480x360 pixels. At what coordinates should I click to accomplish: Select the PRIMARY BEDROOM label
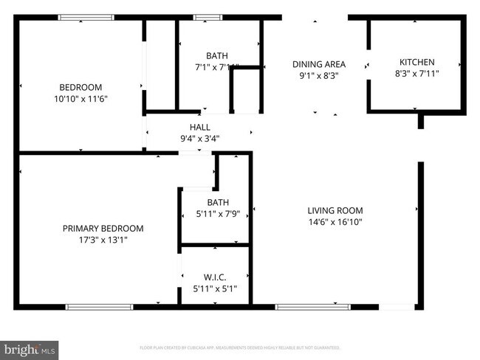[x=103, y=229]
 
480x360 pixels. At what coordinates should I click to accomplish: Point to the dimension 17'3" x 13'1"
[x=103, y=240]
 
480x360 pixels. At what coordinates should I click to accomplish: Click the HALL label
[x=199, y=127]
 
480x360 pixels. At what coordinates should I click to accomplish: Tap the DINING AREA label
[x=319, y=64]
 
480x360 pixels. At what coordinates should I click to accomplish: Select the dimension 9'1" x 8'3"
[x=319, y=76]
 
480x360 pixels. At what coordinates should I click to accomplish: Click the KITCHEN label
[x=416, y=62]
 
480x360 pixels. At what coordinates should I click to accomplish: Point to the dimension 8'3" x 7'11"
[x=416, y=74]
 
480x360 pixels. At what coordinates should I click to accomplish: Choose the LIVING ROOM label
[x=335, y=210]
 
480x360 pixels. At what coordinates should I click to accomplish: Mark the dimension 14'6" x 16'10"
[x=335, y=221]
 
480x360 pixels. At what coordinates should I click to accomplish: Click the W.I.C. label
[x=215, y=277]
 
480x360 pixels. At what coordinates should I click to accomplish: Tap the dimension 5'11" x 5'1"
[x=215, y=289]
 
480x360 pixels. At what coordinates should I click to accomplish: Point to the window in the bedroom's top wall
[x=86, y=17]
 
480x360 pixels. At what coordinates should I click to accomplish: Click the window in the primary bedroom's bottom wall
[x=99, y=306]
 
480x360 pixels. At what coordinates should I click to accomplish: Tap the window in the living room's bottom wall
[x=312, y=306]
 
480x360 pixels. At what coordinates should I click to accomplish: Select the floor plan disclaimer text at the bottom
[x=239, y=347]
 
